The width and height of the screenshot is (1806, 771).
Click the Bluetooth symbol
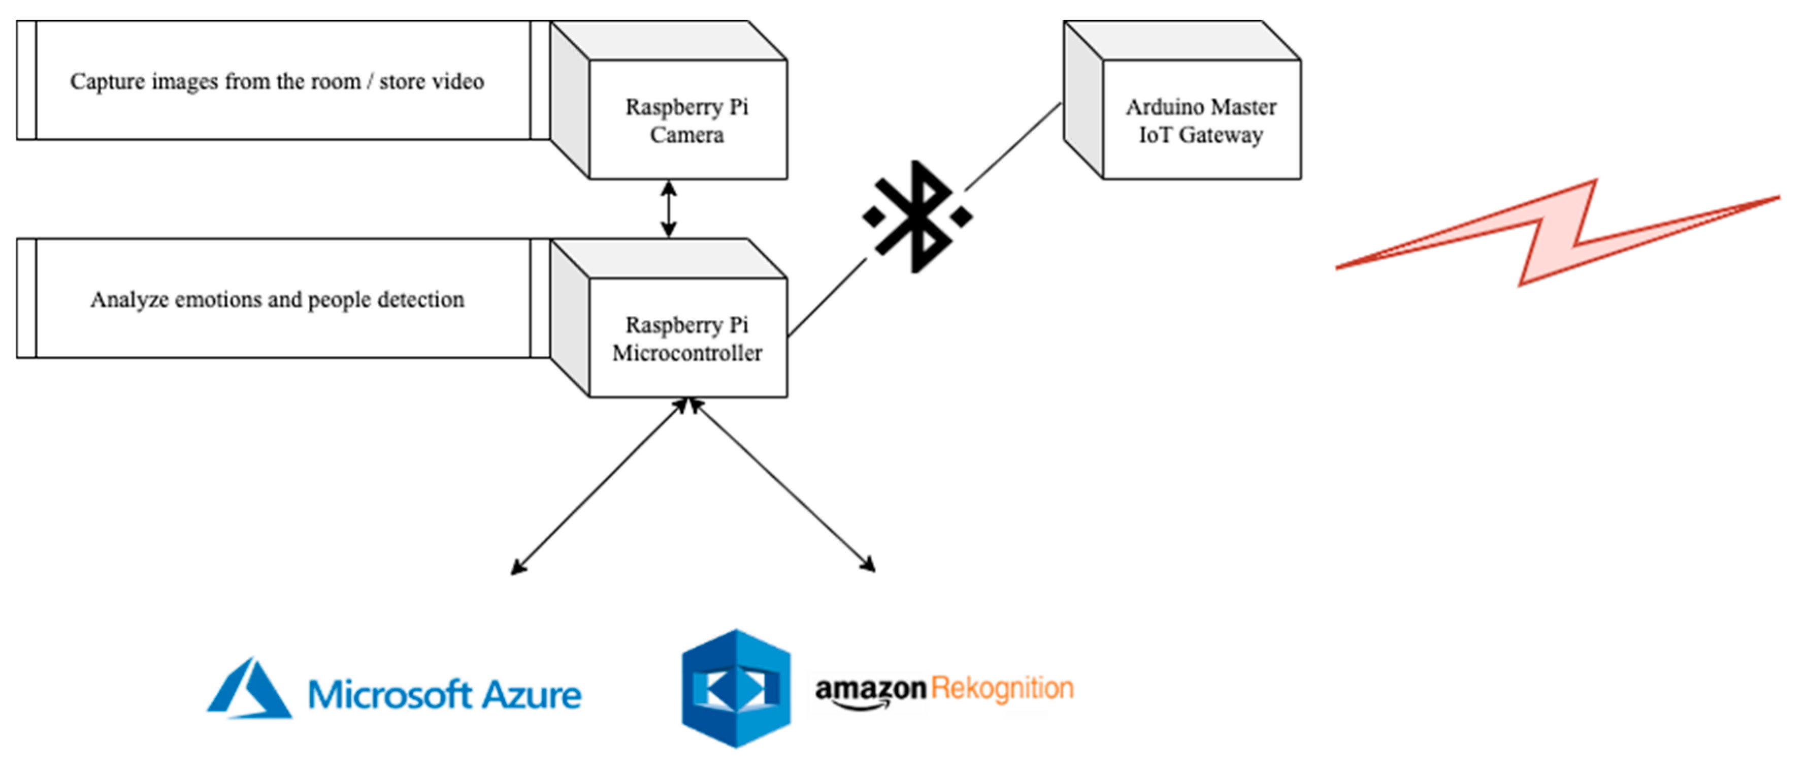[917, 216]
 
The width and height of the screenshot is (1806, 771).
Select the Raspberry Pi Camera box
[668, 100]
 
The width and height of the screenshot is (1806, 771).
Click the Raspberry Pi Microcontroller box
[668, 318]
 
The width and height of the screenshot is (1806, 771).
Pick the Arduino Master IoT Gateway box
[1182, 100]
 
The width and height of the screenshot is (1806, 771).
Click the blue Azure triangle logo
[250, 688]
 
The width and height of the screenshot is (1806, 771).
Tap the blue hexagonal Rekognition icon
[736, 688]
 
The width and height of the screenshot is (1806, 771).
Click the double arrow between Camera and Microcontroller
[668, 209]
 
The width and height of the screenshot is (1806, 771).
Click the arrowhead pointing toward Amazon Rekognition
[868, 563]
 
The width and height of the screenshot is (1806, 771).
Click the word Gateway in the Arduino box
[1221, 135]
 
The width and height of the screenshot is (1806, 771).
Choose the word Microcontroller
[687, 353]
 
